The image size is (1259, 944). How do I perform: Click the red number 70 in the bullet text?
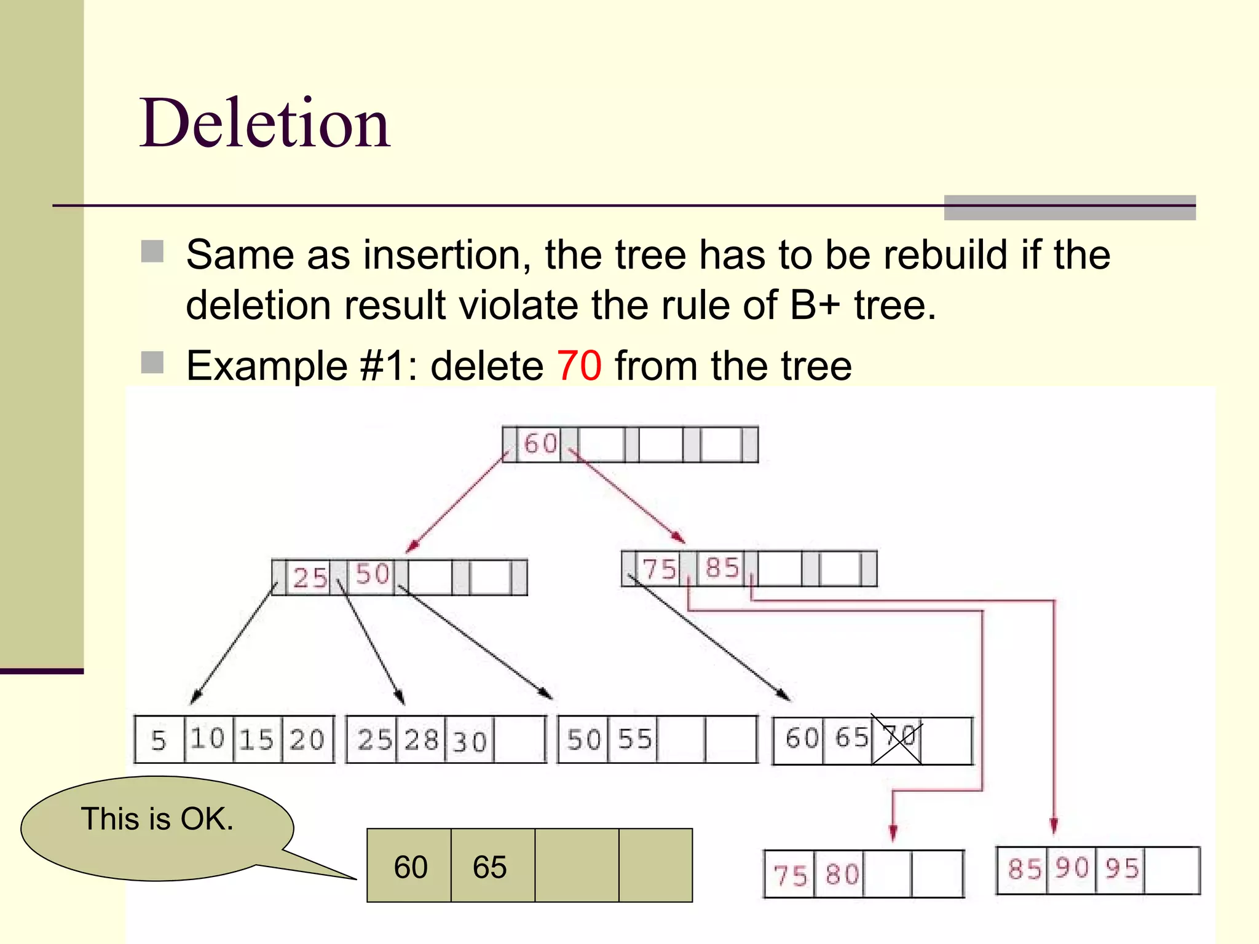[578, 366]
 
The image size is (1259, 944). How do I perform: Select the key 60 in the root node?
[540, 444]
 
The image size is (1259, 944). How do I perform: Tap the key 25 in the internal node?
[310, 578]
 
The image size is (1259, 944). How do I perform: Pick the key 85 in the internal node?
[722, 568]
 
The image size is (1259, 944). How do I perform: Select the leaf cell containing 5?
[159, 740]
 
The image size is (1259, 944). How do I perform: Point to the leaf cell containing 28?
[421, 740]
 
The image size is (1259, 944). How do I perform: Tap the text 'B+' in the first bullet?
[815, 305]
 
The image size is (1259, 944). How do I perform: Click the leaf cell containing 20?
[307, 740]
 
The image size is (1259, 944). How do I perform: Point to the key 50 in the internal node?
[373, 575]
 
